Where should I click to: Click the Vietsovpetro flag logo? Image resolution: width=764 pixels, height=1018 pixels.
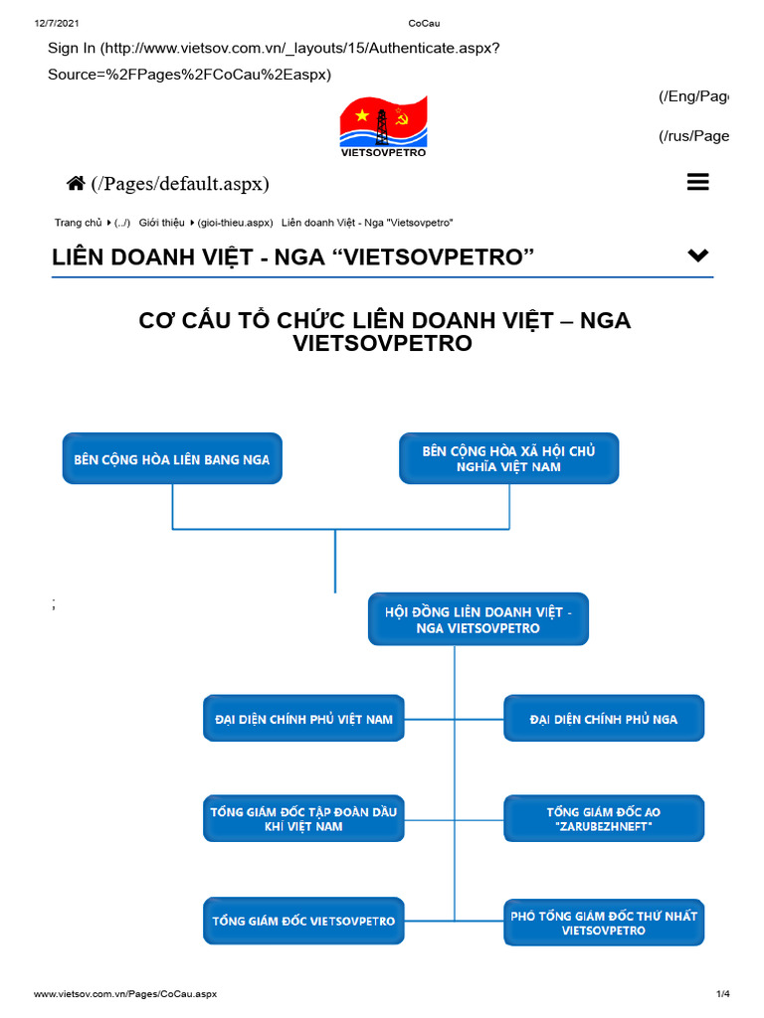[x=383, y=123]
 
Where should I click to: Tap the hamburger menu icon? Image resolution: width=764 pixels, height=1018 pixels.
[x=697, y=182]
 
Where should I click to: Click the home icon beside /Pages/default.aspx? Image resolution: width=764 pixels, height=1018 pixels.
[x=76, y=183]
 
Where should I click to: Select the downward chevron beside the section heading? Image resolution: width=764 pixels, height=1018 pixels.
[x=698, y=255]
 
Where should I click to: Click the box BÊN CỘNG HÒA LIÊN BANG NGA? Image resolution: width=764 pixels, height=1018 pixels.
[x=172, y=459]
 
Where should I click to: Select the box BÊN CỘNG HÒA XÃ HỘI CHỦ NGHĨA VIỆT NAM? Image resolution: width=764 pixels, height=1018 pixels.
[x=509, y=459]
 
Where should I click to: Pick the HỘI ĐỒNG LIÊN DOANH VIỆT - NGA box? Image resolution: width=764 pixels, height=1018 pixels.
[x=478, y=619]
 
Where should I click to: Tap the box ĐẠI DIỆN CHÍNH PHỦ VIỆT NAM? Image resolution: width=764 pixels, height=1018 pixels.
[x=303, y=718]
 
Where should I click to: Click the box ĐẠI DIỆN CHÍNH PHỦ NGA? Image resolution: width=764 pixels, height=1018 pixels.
[x=604, y=718]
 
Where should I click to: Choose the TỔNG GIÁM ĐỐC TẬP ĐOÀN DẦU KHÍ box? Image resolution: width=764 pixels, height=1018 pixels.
[x=303, y=819]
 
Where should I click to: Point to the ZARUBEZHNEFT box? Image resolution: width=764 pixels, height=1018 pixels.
[x=604, y=819]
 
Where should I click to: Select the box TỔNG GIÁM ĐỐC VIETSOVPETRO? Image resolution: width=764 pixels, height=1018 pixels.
[x=303, y=921]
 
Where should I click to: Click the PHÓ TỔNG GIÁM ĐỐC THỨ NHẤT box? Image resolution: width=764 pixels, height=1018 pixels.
[x=604, y=922]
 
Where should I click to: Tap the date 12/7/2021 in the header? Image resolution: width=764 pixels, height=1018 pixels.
[x=56, y=23]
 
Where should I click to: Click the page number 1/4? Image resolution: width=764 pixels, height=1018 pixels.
[x=722, y=994]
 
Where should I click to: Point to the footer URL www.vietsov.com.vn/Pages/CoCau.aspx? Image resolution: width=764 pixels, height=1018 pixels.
[x=125, y=994]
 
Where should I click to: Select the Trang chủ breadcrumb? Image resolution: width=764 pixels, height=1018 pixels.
[x=79, y=223]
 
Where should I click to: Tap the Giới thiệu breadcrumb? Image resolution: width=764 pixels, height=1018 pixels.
[x=161, y=223]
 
